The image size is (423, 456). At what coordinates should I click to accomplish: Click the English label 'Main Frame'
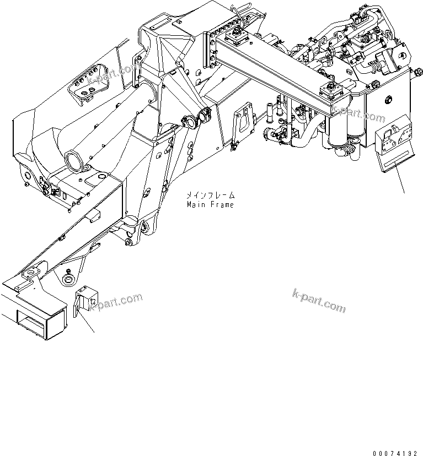(210, 204)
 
